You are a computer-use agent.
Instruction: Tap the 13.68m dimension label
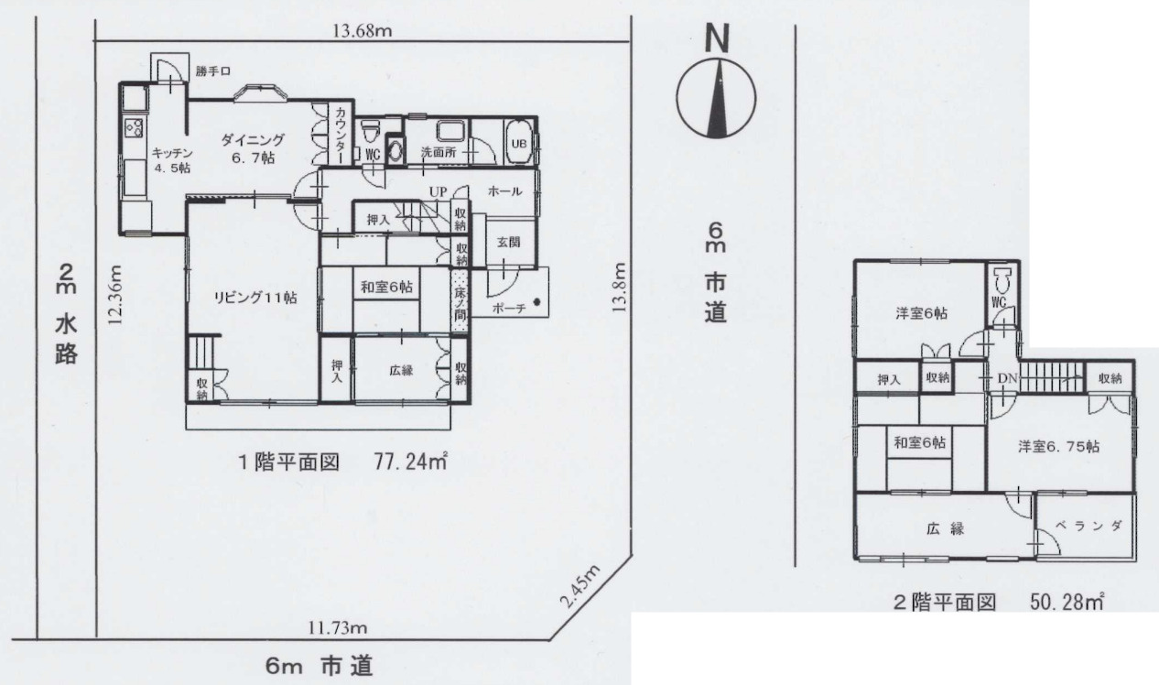click(362, 31)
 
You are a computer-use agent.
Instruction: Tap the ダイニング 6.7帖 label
click(251, 148)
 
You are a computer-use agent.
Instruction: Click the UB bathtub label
click(518, 143)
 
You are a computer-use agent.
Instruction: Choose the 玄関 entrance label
click(508, 242)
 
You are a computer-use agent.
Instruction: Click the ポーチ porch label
click(508, 309)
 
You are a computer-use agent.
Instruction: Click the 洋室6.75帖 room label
click(1058, 447)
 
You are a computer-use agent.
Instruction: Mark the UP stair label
click(438, 192)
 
